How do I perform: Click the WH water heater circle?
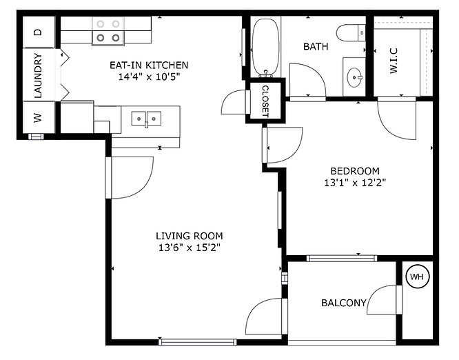pos(416,277)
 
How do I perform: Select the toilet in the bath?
pos(352,32)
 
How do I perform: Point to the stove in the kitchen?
pos(108,32)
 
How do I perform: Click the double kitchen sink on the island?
pos(146,119)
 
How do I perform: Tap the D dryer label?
pos(38,32)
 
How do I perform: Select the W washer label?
pos(38,118)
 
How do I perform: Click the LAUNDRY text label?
pos(38,74)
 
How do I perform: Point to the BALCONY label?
pos(343,303)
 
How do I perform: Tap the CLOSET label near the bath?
pos(265,102)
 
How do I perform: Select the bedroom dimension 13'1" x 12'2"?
pos(354,183)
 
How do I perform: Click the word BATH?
pos(316,46)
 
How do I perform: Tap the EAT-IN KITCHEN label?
pos(149,65)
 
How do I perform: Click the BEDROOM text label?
pos(354,171)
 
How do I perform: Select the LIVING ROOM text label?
pos(189,236)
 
